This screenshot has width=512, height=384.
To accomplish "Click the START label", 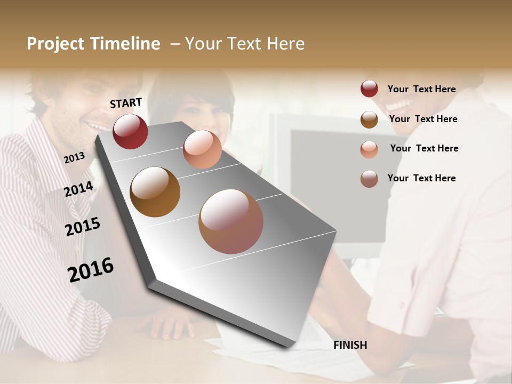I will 126,103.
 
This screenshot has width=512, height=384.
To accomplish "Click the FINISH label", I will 350,345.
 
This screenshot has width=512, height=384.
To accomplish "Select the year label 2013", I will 74,157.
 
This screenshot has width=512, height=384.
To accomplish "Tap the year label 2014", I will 78,189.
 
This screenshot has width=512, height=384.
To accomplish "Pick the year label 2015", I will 82,227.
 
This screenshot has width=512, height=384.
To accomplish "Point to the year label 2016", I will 91,269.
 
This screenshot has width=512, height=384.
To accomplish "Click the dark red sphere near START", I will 130,131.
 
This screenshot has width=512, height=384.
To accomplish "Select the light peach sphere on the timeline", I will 202,149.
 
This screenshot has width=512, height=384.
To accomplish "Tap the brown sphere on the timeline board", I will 155,192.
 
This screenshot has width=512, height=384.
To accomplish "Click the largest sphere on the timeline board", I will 230,221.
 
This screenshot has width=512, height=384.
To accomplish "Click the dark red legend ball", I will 369,89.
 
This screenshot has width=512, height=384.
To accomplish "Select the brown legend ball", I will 369,119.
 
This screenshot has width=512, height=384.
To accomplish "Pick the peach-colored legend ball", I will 369,149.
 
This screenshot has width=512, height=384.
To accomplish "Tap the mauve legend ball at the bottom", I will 369,179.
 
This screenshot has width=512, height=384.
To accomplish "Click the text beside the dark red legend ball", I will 421,89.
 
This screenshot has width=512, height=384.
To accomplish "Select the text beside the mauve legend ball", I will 421,178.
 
